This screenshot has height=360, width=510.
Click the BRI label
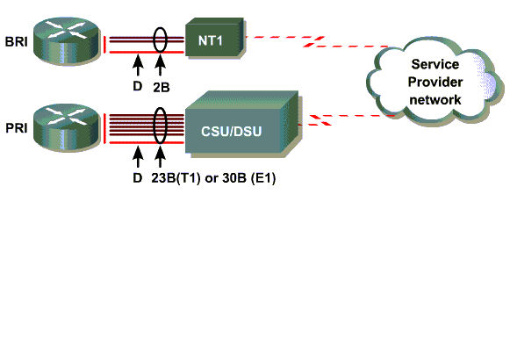pos(17,42)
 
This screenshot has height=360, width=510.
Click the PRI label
pos(17,128)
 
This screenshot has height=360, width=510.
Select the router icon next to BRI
pos(67,41)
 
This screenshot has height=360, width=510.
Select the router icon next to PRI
pos(67,127)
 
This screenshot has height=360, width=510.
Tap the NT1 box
pos(215,39)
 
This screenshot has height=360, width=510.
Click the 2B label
pos(162,87)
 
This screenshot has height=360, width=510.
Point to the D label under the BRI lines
pos(138,86)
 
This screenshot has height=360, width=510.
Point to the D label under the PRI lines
pos(138,178)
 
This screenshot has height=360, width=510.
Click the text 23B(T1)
pos(176,178)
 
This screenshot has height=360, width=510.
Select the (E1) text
pos(263,178)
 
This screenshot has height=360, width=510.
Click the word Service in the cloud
pos(435,64)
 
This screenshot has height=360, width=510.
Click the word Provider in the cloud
pos(435,82)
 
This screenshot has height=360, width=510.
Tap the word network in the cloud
pos(435,100)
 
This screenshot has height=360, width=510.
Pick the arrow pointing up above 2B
pos(160,66)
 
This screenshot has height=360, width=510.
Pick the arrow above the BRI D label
pos(138,66)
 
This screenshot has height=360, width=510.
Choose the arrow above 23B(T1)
pos(160,157)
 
